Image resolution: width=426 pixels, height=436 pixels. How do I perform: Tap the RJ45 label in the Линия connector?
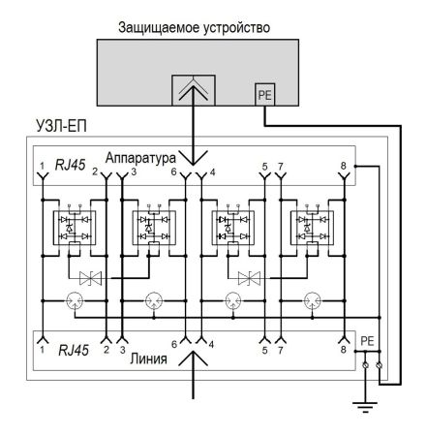tap(74, 348)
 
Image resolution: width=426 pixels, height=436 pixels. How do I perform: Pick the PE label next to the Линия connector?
tap(366, 341)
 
